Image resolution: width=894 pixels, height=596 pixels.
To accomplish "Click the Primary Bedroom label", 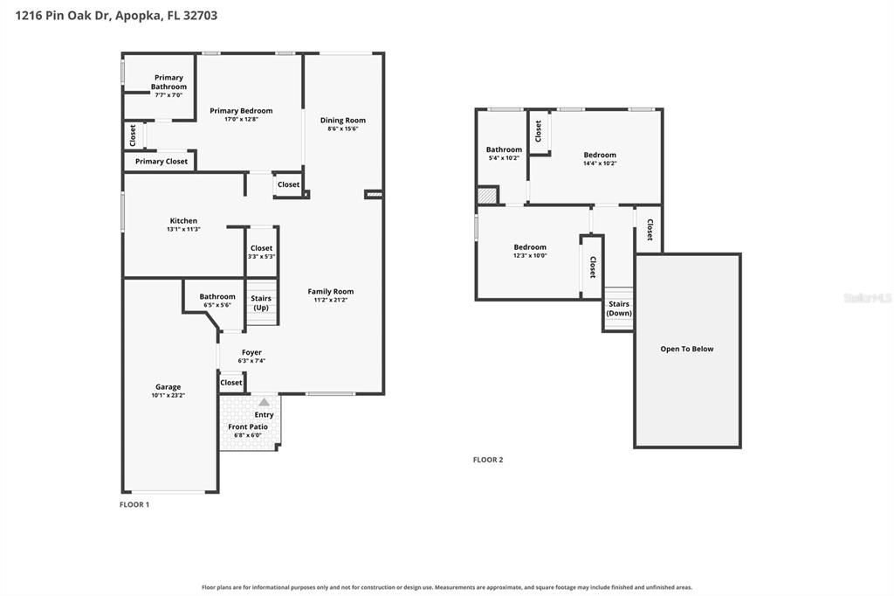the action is tap(241, 111).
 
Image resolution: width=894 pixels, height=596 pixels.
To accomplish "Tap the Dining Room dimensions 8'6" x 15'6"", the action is tap(342, 129).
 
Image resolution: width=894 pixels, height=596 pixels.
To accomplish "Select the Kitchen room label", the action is tap(183, 221).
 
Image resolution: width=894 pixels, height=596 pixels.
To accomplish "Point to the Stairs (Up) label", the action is tap(261, 302).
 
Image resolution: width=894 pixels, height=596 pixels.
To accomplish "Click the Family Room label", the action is tap(331, 291).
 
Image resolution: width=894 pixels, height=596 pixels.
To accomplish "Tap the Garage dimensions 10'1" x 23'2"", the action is tap(168, 395).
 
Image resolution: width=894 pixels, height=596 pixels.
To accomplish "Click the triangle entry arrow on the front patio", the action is tap(264, 403).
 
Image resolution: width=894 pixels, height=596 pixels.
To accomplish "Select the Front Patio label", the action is tap(248, 426).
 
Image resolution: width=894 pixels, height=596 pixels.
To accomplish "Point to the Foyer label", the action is tap(251, 352).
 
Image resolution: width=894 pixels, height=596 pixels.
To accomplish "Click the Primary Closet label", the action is tap(162, 162).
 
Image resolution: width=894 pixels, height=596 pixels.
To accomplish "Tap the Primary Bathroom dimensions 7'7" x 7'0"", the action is tap(168, 94).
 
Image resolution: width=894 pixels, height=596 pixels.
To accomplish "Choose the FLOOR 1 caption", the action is tap(134, 504).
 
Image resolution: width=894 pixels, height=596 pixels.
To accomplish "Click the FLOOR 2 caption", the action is tap(488, 460).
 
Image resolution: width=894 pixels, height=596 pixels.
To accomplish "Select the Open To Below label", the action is tap(687, 349).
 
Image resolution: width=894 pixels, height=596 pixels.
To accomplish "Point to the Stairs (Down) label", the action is tap(619, 308).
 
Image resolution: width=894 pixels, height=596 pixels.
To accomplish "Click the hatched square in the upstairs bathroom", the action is tap(487, 195).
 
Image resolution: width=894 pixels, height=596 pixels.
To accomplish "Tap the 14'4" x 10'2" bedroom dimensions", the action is tap(600, 163).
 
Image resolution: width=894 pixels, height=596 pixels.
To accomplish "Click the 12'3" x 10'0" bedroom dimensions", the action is tap(530, 256).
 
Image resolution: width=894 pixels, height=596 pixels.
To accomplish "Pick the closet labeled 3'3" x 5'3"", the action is tap(262, 252).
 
